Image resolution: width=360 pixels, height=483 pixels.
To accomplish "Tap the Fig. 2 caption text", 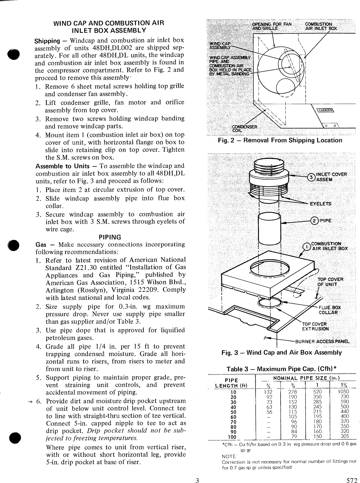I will point(280,140).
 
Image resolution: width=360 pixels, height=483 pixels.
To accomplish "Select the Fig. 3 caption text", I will point(282,353).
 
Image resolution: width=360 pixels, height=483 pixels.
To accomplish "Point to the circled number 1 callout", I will point(306,246).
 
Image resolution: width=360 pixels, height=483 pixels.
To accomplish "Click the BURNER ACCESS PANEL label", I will point(322,342).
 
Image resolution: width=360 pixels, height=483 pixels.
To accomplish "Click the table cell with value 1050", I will point(343,392).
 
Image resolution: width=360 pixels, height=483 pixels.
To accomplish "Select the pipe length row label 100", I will point(233,437).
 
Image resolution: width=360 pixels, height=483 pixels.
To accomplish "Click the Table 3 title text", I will point(282,369).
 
